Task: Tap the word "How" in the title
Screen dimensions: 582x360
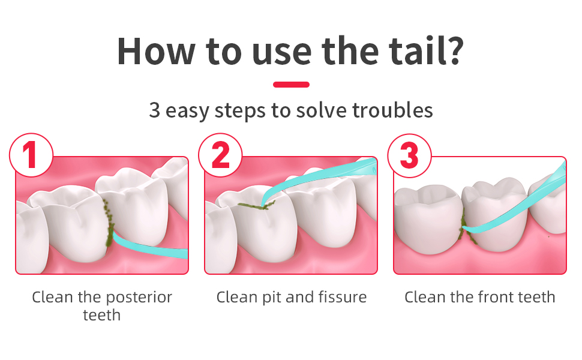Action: [156, 51]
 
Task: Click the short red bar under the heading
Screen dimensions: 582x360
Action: [291, 85]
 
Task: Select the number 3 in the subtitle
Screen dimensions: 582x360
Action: [154, 110]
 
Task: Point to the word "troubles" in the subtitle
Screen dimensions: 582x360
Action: [392, 110]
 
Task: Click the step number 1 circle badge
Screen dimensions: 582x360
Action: [31, 155]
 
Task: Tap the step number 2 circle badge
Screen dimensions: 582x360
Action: [220, 155]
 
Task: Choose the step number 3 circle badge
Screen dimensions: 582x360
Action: [409, 155]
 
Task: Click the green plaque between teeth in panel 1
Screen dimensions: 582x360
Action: [109, 223]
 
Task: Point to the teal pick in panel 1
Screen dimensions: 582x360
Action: [148, 246]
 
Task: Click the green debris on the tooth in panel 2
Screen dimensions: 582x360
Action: [256, 205]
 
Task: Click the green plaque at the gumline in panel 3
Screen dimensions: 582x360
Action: [466, 227]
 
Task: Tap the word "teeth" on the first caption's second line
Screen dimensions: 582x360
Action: [102, 316]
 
